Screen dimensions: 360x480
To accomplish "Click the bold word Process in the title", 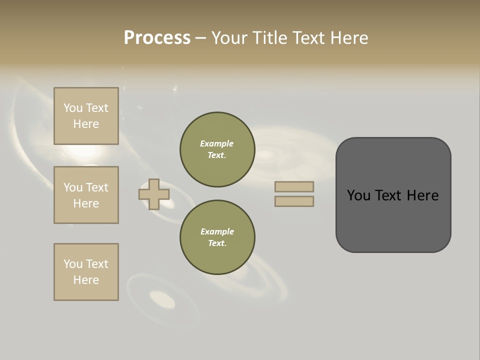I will pos(157,38).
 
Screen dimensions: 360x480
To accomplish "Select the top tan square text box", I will pos(86,116).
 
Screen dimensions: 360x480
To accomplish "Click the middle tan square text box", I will pos(86,195).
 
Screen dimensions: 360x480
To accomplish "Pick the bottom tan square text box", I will pos(86,272).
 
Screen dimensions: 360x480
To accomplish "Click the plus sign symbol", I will pos(153,194).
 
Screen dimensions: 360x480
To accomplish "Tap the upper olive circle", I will pos(217,149).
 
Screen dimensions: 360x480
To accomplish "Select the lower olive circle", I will pos(217,237).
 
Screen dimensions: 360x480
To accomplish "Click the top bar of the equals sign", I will pos(294,186).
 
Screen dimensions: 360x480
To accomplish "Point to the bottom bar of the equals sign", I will pos(294,201).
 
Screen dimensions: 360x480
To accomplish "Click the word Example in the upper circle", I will pos(217,143).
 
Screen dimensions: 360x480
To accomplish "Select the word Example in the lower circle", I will pos(217,231).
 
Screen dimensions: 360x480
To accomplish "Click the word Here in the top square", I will pos(86,124).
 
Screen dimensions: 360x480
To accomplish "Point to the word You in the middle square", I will pos(72,187).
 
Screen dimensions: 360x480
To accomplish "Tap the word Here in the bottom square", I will pos(86,280).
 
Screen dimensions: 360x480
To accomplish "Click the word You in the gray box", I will pos(358,195).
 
